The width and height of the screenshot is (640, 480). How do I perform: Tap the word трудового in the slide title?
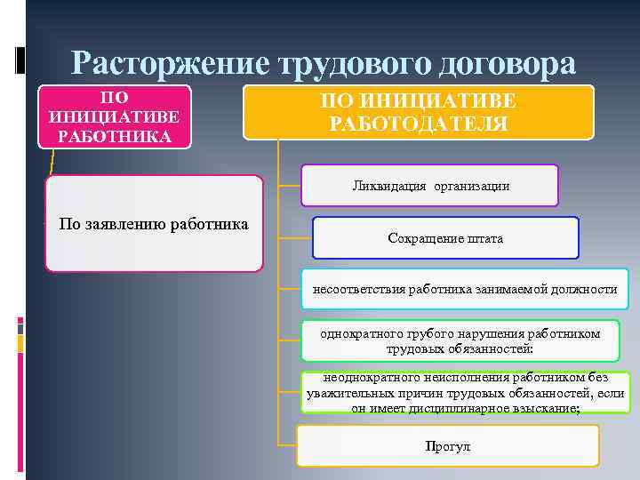[x=353, y=63]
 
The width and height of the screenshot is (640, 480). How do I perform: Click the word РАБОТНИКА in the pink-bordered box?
[x=114, y=136]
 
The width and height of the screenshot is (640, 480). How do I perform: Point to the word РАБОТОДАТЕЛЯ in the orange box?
[x=419, y=123]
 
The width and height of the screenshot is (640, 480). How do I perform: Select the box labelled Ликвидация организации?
[x=430, y=186]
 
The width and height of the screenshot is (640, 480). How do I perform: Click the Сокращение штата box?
[x=445, y=238]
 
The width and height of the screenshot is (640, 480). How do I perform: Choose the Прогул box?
[x=448, y=445]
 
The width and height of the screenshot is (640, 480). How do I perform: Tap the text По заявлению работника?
[x=153, y=222]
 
